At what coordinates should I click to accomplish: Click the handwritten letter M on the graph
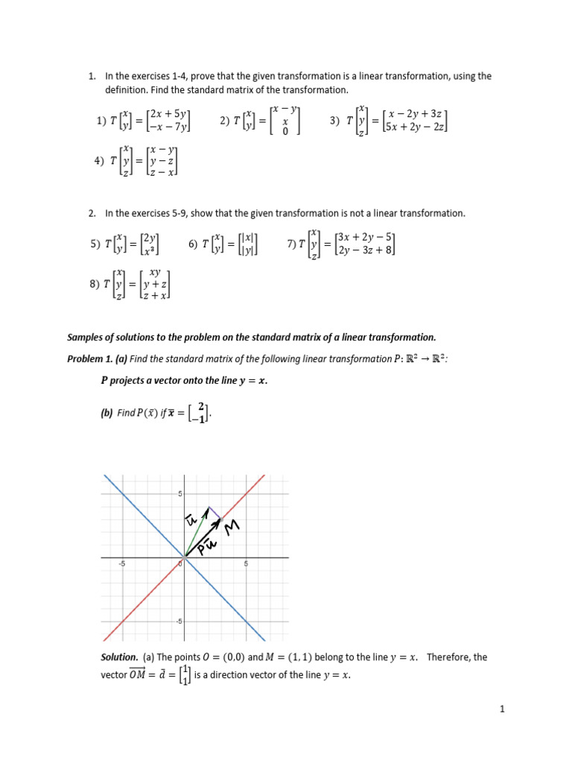coord(232,528)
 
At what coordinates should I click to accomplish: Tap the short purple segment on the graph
coord(213,513)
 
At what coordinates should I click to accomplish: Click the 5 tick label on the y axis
coord(179,494)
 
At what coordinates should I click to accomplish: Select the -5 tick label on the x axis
coord(122,564)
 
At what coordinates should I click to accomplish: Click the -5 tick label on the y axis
coord(179,621)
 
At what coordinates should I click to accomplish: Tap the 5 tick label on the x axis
coord(246,564)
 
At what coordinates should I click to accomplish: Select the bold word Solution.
coord(119,657)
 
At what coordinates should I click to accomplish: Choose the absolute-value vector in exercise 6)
coord(247,244)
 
